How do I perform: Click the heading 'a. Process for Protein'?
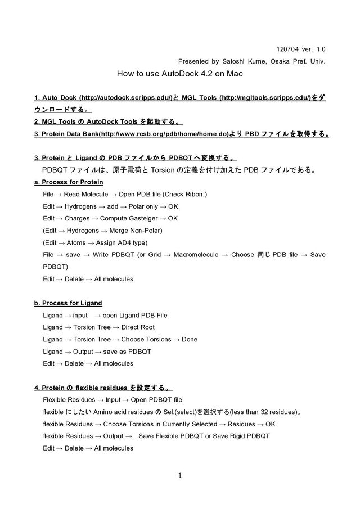(69, 182)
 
